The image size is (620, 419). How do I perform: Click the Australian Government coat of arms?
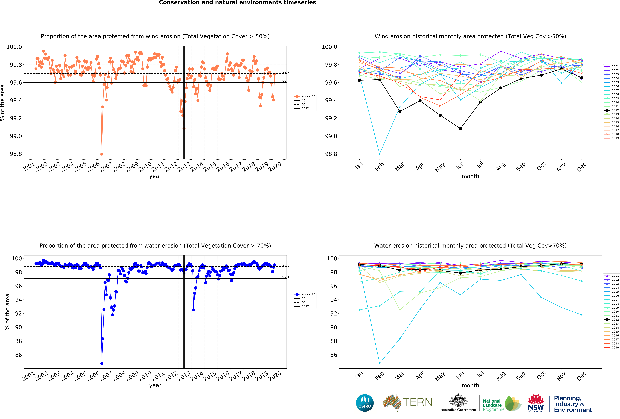pyautogui.click(x=458, y=400)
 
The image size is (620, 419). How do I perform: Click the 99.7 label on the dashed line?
pyautogui.click(x=286, y=72)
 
